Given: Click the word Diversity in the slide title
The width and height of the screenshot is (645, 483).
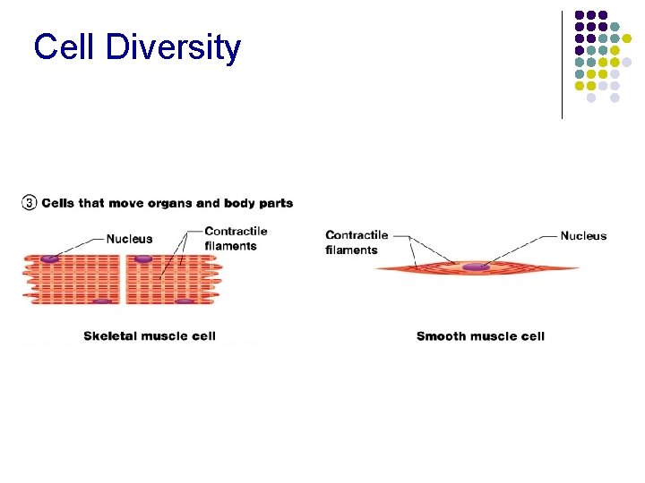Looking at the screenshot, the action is pyautogui.click(x=173, y=47).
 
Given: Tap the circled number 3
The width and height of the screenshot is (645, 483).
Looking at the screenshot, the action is pyautogui.click(x=29, y=203).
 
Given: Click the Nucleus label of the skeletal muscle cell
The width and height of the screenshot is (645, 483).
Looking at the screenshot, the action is pyautogui.click(x=129, y=239).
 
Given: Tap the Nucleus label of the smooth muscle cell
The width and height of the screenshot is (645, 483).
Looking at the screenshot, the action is pyautogui.click(x=583, y=236).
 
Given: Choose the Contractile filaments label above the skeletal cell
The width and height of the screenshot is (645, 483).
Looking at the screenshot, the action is pyautogui.click(x=236, y=239).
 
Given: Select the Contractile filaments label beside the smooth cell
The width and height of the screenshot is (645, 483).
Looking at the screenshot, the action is pyautogui.click(x=357, y=242).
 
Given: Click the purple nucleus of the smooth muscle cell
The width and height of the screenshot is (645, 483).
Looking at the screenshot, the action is pyautogui.click(x=475, y=267).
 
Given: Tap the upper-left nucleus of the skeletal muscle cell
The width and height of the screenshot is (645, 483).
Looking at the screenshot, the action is pyautogui.click(x=50, y=258).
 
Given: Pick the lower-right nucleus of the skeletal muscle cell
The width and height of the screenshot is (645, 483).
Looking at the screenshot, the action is pyautogui.click(x=184, y=301).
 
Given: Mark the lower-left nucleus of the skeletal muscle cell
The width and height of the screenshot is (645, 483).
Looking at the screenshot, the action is pyautogui.click(x=102, y=301).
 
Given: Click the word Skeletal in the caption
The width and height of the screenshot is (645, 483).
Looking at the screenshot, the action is pyautogui.click(x=113, y=336).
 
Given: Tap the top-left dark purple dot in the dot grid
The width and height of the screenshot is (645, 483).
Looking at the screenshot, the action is pyautogui.click(x=580, y=15).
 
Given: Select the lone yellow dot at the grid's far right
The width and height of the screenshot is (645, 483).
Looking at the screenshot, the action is pyautogui.click(x=627, y=38).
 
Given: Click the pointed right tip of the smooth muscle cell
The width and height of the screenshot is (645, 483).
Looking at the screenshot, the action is pyautogui.click(x=578, y=268).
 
